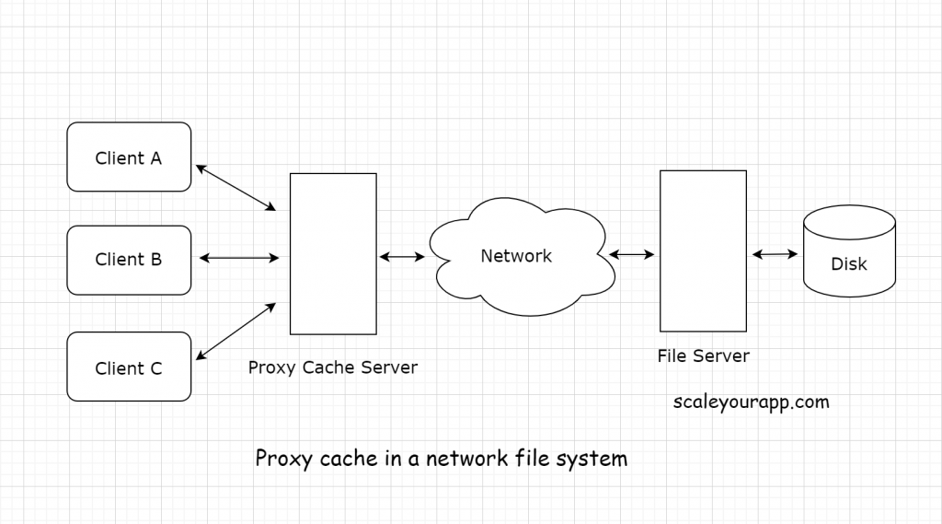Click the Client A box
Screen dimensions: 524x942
pos(129,157)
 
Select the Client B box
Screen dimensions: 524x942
pos(129,260)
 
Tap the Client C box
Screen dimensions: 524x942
pos(129,367)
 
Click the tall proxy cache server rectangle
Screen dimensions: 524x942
pos(333,253)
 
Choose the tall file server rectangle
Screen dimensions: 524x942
pos(703,250)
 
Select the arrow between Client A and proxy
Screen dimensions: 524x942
pos(236,187)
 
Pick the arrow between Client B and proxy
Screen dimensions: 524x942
pos(238,259)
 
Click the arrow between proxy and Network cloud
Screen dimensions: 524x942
pos(402,257)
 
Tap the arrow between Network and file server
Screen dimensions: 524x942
pos(631,254)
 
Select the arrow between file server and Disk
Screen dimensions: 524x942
pos(775,254)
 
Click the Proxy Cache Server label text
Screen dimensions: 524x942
pos(333,367)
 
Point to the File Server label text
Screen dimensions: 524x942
pos(703,355)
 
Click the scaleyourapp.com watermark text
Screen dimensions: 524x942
pos(752,402)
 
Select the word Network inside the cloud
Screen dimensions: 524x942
pos(516,256)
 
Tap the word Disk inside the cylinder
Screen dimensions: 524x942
pos(849,264)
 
